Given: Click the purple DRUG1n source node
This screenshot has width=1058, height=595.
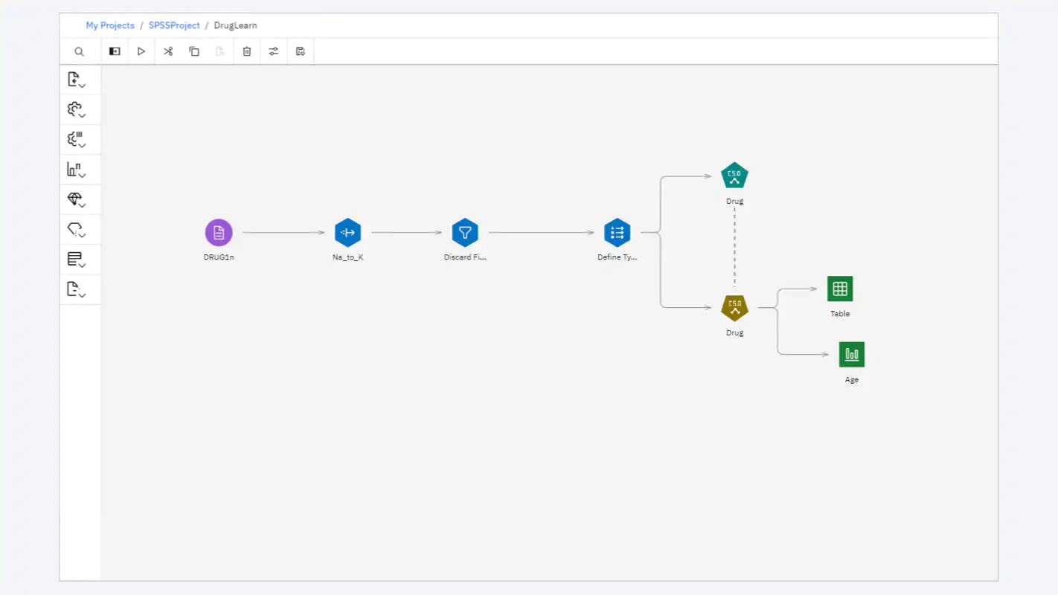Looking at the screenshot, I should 219,233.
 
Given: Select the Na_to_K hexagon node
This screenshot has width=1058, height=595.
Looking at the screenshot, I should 347,233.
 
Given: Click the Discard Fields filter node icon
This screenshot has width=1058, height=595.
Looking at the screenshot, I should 465,233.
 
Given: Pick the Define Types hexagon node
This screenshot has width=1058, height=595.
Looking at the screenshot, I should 617,233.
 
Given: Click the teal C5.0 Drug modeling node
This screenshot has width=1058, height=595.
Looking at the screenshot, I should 734,176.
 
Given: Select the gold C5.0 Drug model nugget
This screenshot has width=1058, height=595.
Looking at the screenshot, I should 734,307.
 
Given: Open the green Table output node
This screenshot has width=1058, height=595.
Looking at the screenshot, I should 840,289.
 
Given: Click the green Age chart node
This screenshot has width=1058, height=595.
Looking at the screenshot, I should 852,355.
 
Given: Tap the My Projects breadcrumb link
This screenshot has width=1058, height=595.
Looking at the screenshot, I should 110,25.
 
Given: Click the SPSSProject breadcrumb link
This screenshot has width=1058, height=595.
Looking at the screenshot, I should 174,25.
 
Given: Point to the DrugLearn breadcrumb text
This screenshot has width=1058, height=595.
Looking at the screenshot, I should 235,25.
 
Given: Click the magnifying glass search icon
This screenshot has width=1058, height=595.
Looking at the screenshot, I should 80,52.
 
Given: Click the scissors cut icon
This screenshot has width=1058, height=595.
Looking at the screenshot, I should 168,51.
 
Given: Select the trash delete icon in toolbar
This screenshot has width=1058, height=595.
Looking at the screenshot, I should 247,51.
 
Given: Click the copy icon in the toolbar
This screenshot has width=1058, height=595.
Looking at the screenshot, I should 194,51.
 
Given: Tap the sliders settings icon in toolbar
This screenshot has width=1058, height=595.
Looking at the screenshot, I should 274,51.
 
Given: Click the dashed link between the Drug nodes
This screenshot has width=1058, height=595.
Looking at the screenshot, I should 734,245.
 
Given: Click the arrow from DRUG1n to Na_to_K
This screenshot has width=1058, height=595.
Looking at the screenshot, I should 283,233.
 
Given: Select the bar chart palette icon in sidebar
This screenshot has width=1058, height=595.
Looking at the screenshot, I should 74,170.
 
